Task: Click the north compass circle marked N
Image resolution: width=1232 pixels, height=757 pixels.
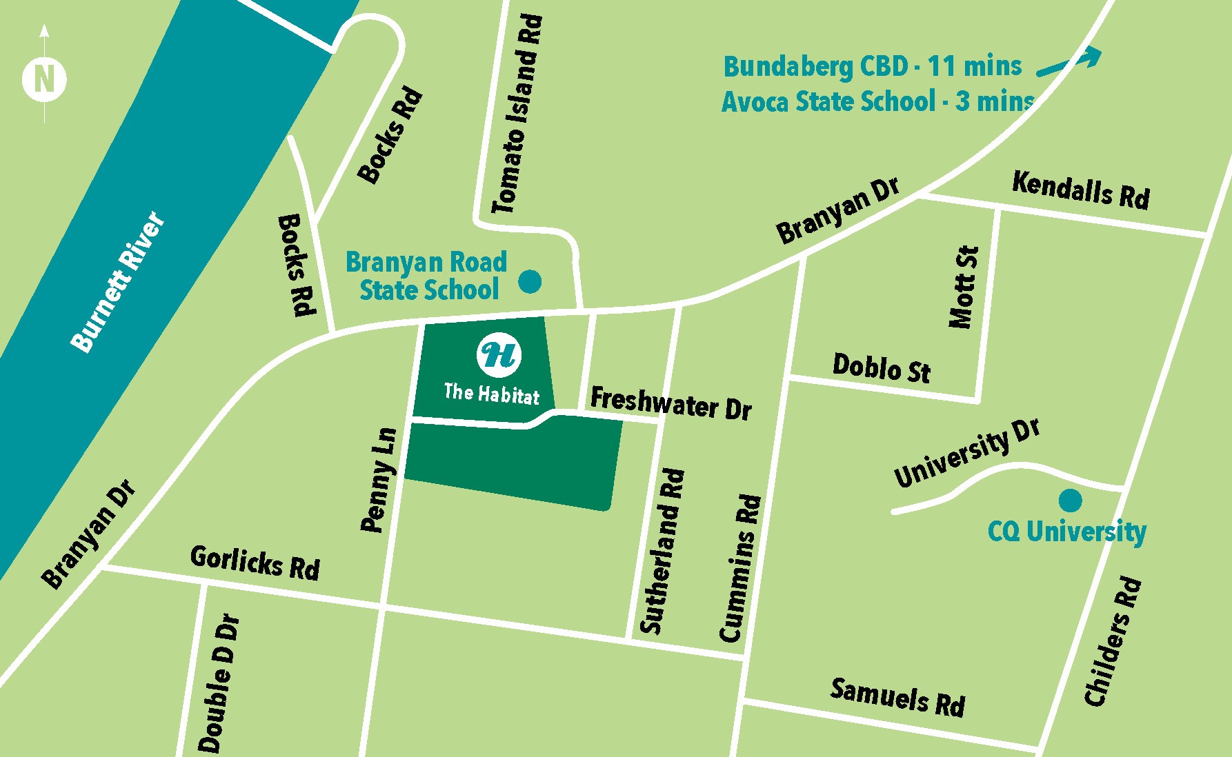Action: coord(44,79)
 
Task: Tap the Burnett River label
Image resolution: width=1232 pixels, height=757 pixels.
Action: coord(119,282)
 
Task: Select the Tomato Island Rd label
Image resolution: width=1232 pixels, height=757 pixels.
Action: coord(518,114)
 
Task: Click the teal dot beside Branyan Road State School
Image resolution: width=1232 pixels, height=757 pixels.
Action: coord(529,281)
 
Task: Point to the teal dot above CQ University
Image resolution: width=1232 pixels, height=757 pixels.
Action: coord(1070,499)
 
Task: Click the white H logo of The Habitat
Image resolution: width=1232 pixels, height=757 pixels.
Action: coord(499,354)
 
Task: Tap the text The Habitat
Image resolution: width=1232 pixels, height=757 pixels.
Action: coord(491,394)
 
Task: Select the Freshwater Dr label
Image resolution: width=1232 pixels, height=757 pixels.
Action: coord(670,403)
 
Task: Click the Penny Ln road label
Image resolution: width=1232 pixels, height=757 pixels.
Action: coord(379,480)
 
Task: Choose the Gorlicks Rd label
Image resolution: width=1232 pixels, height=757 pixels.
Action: coord(255,563)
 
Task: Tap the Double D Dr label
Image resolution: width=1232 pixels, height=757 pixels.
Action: coord(219,683)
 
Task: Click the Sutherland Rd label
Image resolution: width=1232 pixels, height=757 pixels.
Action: coord(662,551)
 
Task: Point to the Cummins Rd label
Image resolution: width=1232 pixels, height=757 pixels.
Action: coord(741,568)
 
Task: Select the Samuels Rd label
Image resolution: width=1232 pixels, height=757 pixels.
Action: coord(897,697)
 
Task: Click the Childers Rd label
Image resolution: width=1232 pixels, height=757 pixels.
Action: coord(1113,642)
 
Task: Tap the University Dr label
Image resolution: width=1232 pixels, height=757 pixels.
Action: coord(966,453)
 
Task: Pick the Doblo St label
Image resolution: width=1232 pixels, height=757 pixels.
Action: coord(882,367)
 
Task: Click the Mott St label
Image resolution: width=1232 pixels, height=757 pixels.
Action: coord(964,287)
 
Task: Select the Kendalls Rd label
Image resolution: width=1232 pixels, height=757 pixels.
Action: coord(1081,190)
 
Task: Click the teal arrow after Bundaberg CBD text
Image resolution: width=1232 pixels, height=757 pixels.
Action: coord(1070,61)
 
